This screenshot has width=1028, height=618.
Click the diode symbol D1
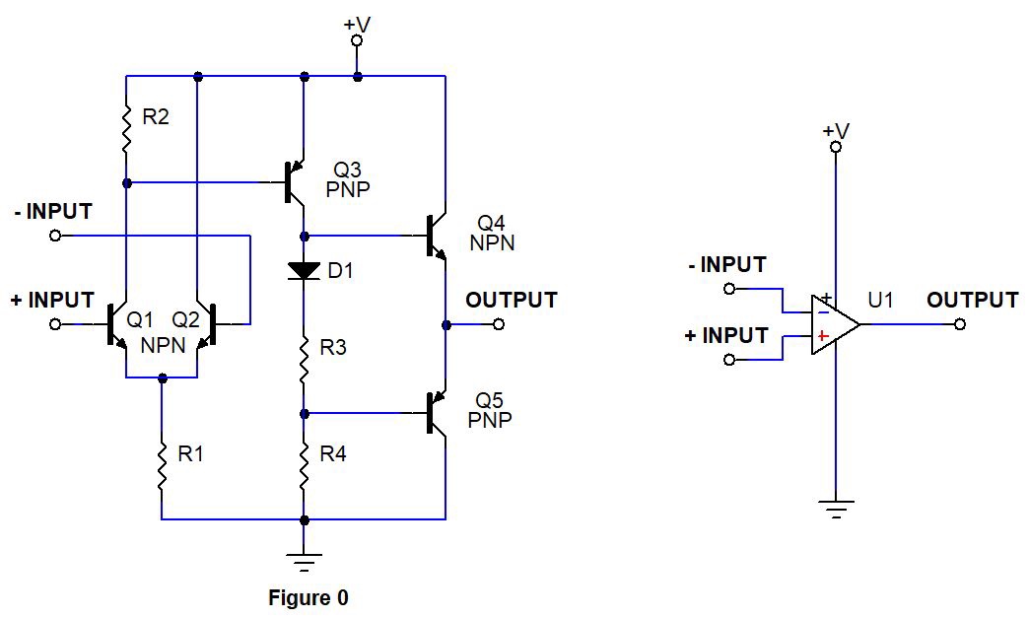304,269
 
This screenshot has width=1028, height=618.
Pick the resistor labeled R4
304,464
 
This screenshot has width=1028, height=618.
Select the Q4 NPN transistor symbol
436,237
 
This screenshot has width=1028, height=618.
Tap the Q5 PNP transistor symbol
436,413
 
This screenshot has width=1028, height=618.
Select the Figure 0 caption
308,597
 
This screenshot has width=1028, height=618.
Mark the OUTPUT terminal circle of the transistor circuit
499,324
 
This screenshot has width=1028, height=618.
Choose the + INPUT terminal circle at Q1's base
55,324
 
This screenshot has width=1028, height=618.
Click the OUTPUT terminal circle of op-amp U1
961,324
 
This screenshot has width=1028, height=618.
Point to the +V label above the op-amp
836,130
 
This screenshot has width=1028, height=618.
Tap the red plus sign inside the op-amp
820,336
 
